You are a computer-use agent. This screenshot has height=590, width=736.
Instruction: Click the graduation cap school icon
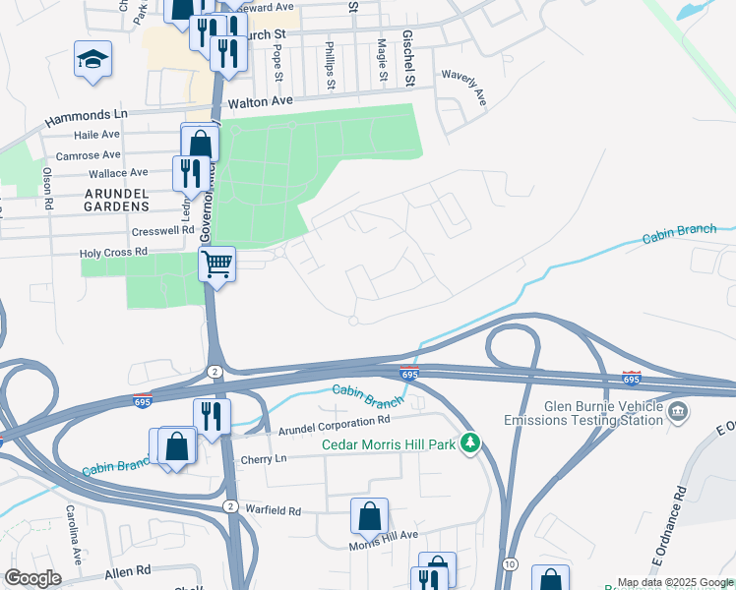(x=92, y=60)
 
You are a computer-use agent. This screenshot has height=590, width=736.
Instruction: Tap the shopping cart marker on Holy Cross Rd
(x=215, y=264)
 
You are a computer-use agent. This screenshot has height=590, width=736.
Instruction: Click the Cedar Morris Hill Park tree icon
(x=471, y=444)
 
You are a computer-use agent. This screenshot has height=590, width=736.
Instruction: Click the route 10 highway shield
(x=508, y=562)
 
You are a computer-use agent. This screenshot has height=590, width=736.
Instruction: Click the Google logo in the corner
(x=33, y=578)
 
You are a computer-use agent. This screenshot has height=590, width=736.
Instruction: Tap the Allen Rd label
(x=128, y=570)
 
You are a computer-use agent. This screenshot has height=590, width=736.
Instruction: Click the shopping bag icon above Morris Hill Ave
(x=368, y=514)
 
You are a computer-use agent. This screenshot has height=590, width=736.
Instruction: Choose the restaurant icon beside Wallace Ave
(x=190, y=173)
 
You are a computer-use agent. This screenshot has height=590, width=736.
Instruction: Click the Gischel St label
(x=407, y=44)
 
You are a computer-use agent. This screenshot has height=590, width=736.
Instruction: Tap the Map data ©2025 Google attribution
(x=674, y=582)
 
